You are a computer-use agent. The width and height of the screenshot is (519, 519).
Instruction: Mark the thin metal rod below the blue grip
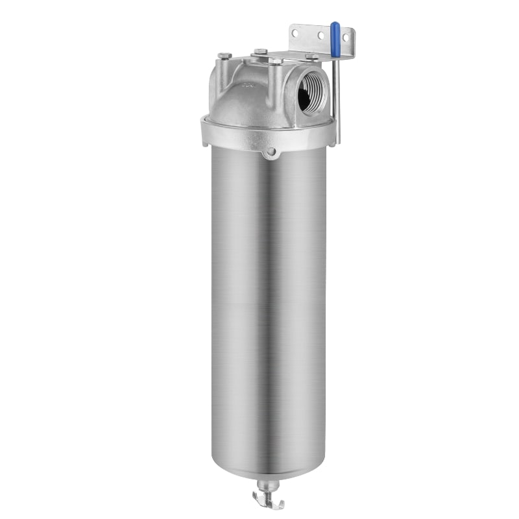pyautogui.click(x=336, y=97)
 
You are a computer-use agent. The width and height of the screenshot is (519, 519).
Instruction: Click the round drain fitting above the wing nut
pyautogui.click(x=269, y=484)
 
